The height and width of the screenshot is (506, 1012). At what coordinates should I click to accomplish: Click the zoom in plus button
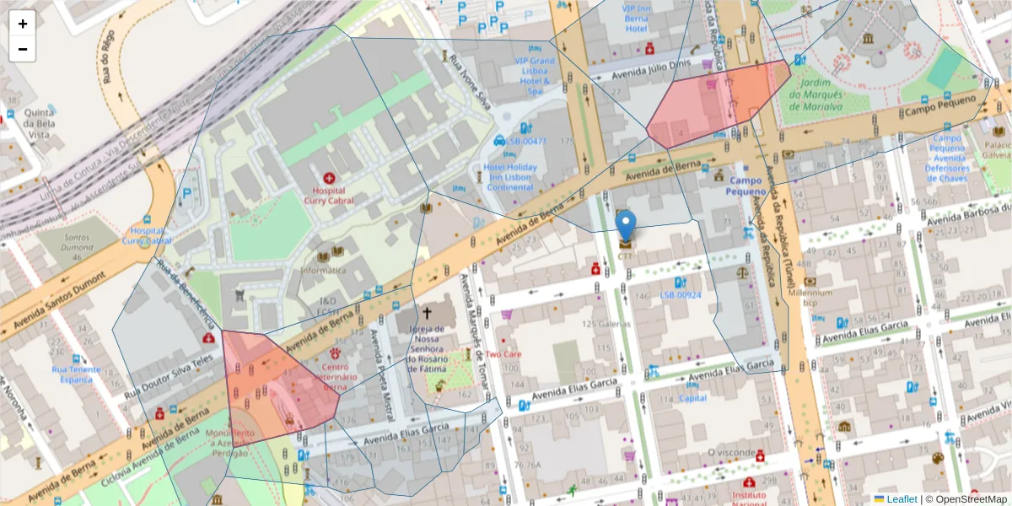pyautogui.click(x=23, y=24)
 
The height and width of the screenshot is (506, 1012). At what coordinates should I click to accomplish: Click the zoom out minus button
pyautogui.click(x=23, y=49)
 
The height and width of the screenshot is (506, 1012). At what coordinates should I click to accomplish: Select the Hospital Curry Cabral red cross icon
pyautogui.click(x=328, y=178)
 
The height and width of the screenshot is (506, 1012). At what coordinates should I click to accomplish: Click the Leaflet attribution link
pyautogui.click(x=901, y=498)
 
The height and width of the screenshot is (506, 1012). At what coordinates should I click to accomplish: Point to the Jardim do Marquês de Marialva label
pyautogui.click(x=816, y=94)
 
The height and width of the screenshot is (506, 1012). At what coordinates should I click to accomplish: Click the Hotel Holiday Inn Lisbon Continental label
pyautogui.click(x=510, y=177)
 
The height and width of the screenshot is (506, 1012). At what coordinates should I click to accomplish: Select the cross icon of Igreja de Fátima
pyautogui.click(x=427, y=313)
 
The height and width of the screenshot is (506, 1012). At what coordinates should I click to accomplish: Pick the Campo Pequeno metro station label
pyautogui.click(x=745, y=186)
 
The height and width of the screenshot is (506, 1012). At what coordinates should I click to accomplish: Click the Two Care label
pyautogui.click(x=503, y=354)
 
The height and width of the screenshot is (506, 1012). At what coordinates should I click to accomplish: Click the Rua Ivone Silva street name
pyautogui.click(x=470, y=83)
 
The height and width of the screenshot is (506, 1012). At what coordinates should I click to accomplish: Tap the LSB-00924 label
pyautogui.click(x=681, y=295)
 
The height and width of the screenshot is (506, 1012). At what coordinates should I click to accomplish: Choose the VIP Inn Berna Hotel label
pyautogui.click(x=646, y=18)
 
